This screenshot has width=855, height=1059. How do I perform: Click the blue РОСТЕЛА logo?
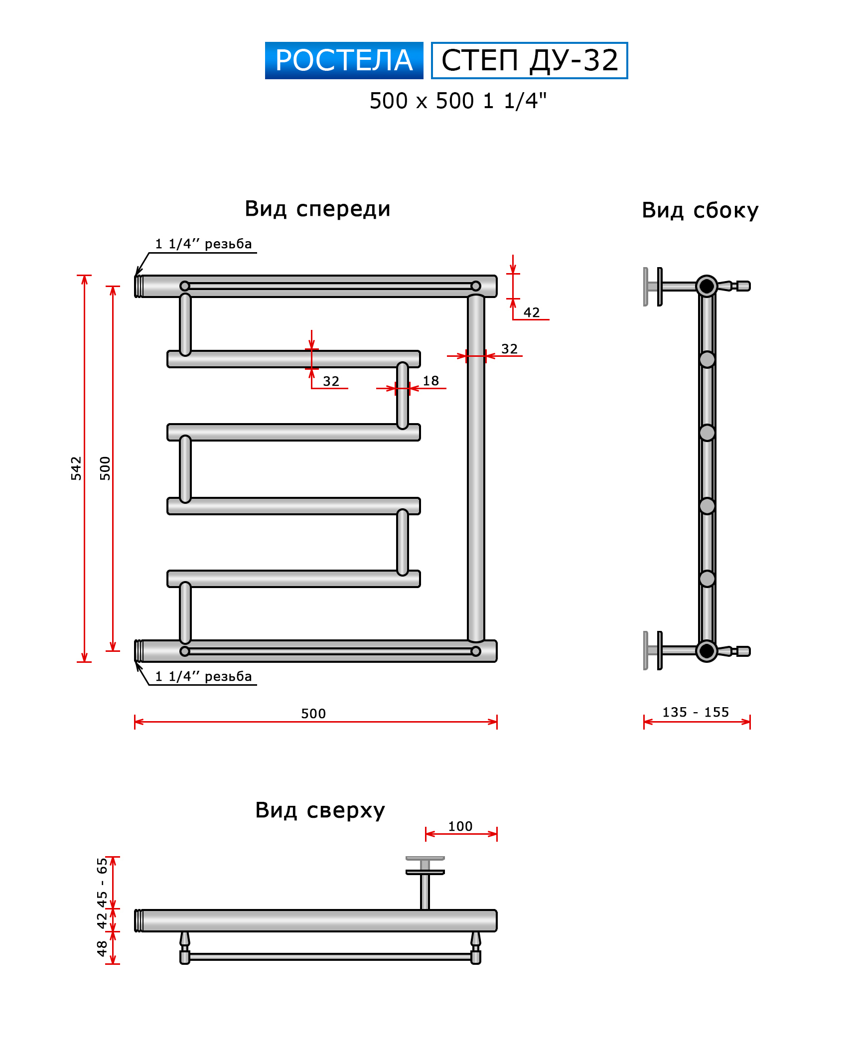pos(344,60)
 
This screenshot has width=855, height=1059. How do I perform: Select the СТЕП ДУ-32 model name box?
pos(529,60)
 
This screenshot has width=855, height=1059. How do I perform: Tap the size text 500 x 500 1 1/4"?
pos(458,101)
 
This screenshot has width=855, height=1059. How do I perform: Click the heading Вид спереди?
pos(317,209)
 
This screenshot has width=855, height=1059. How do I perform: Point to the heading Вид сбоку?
pos(700,210)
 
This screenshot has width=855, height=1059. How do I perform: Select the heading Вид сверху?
pos(320,810)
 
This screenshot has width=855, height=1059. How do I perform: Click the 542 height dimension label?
pos(76,468)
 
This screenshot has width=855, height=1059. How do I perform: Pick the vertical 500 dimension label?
pos(105,468)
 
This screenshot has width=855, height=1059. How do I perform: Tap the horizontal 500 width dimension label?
pos(313,714)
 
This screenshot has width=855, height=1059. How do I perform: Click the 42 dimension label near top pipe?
pos(532,312)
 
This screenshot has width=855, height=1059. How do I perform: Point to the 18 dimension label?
pos(431,381)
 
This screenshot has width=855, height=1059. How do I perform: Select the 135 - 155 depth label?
pos(696,712)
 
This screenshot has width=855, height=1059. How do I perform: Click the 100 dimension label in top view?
pos(460,826)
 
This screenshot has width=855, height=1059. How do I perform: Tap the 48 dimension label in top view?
pos(102,948)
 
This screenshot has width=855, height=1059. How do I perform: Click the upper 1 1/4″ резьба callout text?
pos(203,244)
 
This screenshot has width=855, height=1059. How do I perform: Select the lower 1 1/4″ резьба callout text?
pos(203,676)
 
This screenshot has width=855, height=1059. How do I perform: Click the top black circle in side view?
pos(707,286)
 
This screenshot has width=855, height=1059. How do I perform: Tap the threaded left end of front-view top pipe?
pos(139,286)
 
